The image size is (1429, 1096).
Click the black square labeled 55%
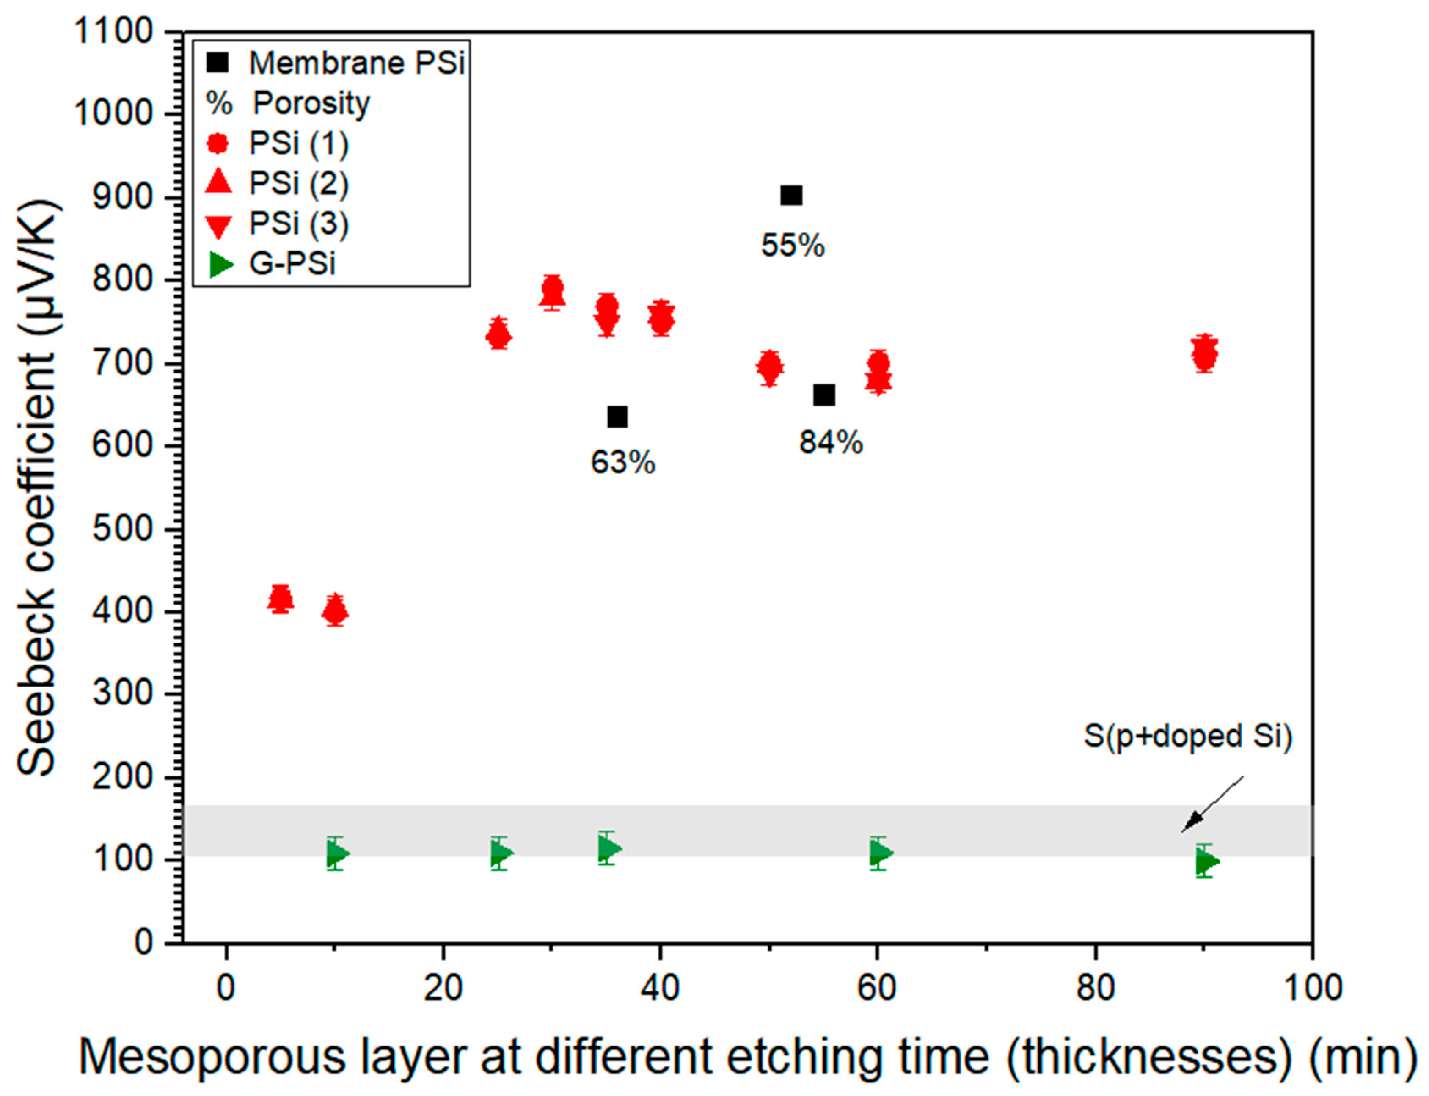pos(791,195)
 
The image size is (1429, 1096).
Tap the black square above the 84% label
pos(824,395)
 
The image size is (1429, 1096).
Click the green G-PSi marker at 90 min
pos(1206,861)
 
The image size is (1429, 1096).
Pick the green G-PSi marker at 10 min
pos(336,853)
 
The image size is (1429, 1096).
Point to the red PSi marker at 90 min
pos(1205,353)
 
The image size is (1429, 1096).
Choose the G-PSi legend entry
pos(292,264)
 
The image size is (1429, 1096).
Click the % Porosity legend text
pos(311,103)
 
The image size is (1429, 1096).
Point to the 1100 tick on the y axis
pos(114,31)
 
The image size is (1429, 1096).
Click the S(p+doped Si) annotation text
pos(1187,736)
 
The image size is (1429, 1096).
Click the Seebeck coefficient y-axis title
pos(37,489)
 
